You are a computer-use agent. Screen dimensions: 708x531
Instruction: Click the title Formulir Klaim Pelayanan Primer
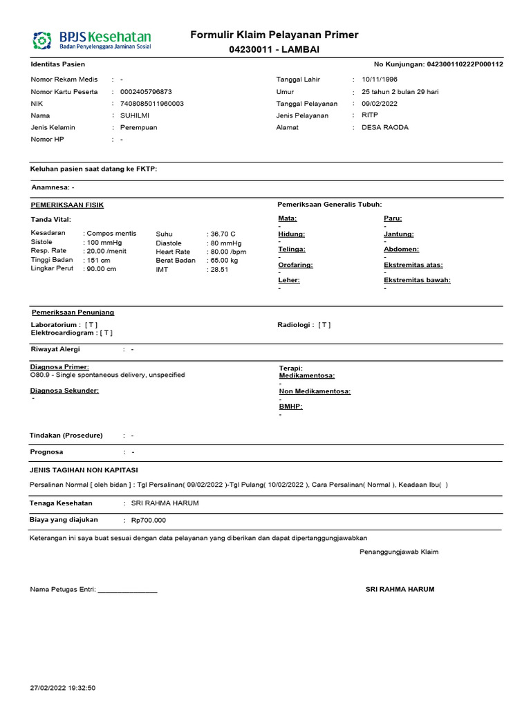click(274, 35)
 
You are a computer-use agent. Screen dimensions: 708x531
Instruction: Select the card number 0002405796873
click(146, 92)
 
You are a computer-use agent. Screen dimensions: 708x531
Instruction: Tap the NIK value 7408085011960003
click(152, 104)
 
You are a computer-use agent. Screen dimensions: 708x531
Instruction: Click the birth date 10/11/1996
click(380, 80)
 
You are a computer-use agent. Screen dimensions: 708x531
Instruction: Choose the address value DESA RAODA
click(385, 127)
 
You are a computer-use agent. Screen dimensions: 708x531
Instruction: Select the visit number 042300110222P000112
click(465, 64)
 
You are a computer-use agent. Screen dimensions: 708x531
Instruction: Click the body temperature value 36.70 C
click(223, 234)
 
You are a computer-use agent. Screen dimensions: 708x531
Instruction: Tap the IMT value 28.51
click(219, 270)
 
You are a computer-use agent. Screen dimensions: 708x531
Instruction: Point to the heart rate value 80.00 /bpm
click(227, 252)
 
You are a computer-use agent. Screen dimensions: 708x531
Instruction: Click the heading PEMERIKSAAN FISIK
click(67, 205)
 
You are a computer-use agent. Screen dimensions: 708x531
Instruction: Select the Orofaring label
click(295, 265)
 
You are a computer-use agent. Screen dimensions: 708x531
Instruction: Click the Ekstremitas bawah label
click(417, 280)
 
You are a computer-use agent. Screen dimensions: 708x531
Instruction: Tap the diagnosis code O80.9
click(39, 375)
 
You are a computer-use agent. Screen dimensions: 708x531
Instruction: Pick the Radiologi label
click(295, 324)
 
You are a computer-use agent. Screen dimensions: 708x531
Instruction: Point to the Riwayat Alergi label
click(55, 349)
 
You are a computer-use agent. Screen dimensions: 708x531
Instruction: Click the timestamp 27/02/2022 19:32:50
click(63, 688)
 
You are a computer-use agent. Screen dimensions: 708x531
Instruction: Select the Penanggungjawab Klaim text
click(399, 552)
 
